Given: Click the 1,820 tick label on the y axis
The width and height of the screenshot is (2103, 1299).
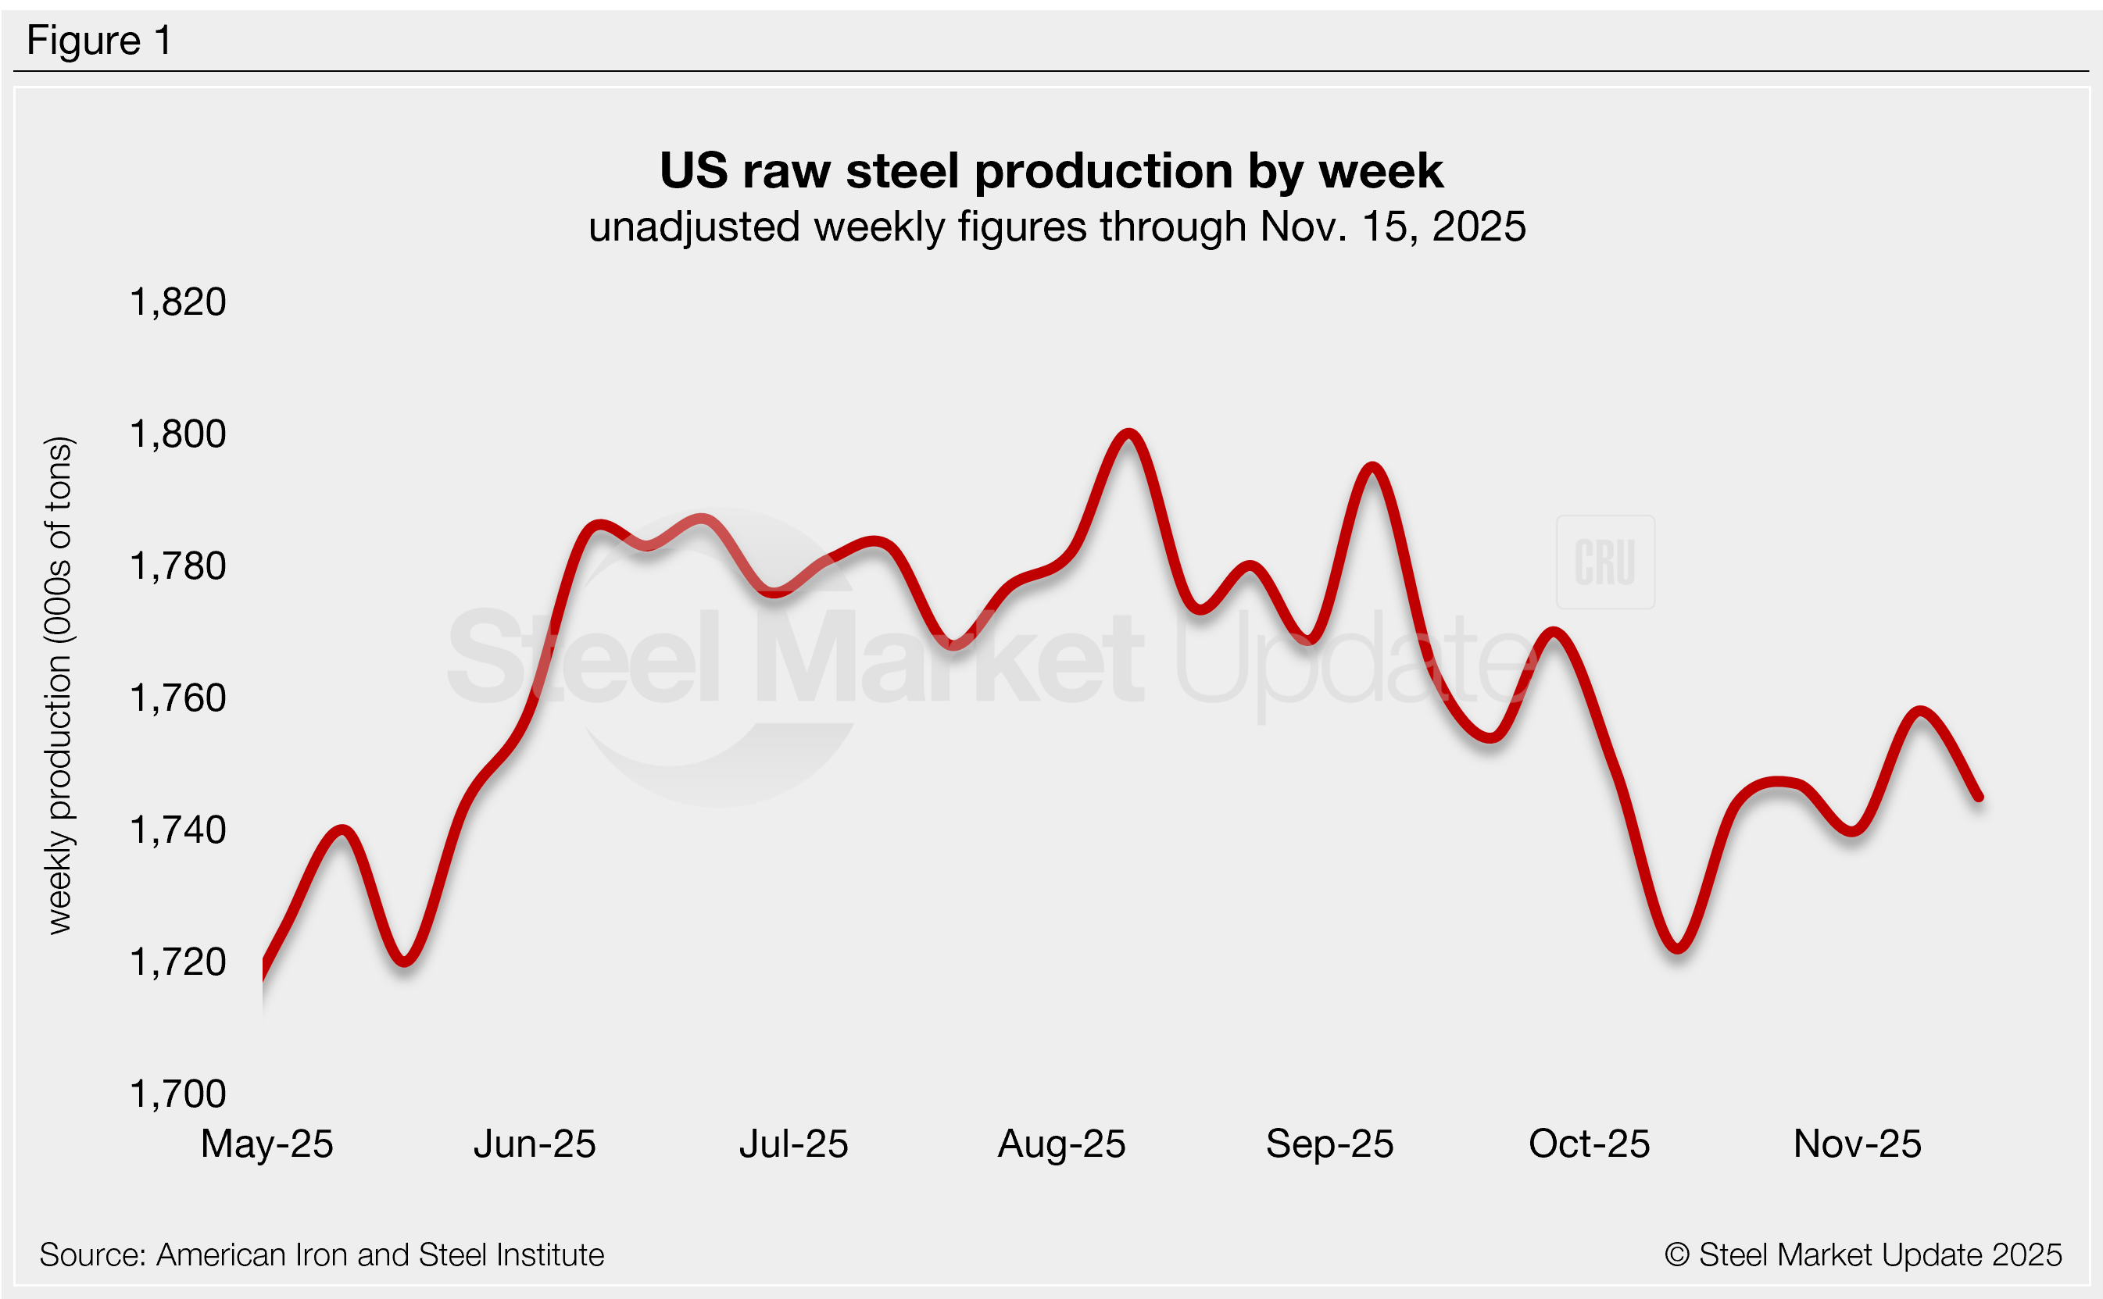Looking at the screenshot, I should (177, 302).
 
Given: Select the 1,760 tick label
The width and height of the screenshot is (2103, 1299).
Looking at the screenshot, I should (177, 698).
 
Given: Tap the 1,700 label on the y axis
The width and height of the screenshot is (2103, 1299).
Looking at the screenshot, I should (177, 1094).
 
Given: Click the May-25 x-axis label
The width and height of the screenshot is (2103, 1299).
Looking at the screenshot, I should (266, 1144).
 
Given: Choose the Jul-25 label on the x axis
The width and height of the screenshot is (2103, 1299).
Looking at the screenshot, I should (793, 1144).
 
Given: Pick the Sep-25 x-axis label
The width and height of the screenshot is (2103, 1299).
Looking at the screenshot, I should (1329, 1144).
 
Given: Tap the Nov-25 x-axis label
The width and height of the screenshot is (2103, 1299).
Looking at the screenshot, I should (1856, 1144).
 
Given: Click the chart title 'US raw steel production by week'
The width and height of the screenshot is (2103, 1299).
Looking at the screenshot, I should (1051, 171).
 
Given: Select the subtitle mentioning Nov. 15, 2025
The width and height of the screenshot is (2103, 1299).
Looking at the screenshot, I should (1057, 227).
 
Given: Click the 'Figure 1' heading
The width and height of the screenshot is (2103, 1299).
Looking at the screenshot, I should (98, 41).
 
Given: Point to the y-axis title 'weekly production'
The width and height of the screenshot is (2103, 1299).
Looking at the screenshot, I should (59, 686).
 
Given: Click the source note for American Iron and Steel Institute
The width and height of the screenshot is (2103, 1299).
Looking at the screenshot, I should (321, 1255).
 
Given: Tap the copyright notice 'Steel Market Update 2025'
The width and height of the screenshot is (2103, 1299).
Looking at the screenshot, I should (1862, 1255).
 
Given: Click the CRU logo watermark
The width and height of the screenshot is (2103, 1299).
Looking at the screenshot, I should (1604, 562).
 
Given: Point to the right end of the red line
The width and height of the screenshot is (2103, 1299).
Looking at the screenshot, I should (1980, 798).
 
